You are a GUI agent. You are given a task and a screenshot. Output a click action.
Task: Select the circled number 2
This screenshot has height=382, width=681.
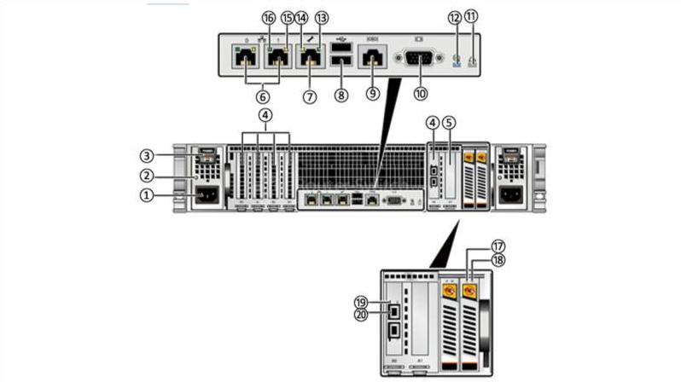[x=148, y=176]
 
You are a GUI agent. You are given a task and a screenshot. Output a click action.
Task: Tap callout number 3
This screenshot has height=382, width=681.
[x=148, y=156]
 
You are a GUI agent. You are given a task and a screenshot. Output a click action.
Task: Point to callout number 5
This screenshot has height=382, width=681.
[x=450, y=123]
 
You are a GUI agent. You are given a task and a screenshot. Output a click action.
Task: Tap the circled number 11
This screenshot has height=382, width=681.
[x=471, y=16]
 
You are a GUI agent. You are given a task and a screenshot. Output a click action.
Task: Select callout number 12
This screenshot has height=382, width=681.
[x=455, y=16]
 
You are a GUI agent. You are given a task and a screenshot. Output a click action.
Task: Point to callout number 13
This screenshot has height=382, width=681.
[x=321, y=16]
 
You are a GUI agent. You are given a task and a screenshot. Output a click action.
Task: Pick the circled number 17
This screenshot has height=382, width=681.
[x=498, y=246]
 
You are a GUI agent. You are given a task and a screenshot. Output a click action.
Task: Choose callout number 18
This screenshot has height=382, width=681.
[x=498, y=260]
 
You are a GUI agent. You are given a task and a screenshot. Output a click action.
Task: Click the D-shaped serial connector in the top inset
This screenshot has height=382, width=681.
[x=418, y=58]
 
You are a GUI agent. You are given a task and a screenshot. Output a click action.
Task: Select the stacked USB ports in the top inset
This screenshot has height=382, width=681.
[x=341, y=58]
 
